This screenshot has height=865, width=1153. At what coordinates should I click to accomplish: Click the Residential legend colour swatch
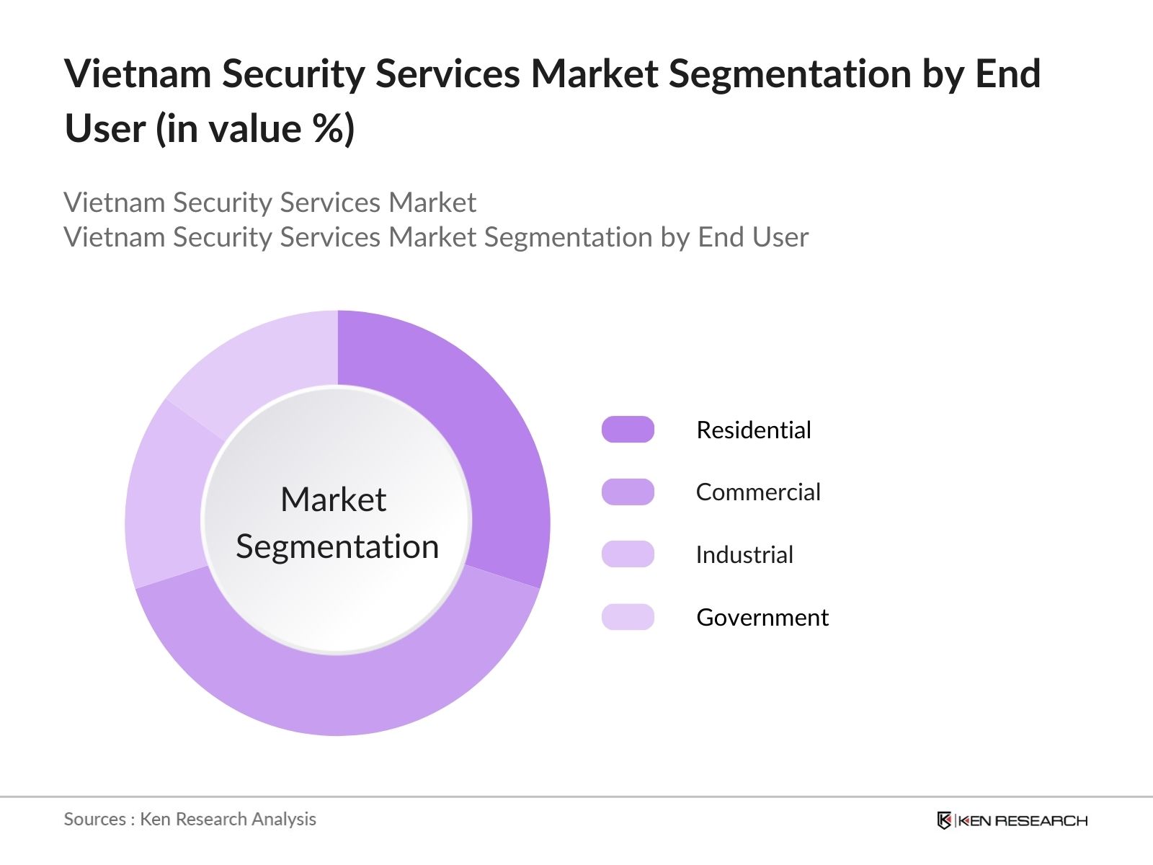tap(628, 430)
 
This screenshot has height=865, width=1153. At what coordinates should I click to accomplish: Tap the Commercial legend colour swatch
tap(628, 492)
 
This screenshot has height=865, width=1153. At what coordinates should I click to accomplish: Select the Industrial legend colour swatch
tap(628, 554)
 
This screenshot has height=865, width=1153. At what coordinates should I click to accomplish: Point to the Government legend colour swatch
tap(628, 617)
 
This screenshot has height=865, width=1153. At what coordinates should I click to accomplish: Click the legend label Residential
tap(754, 430)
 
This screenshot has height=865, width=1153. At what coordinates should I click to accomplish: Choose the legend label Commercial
tap(758, 492)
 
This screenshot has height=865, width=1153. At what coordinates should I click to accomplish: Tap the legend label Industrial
tap(744, 555)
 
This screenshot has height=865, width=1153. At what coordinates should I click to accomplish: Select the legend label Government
tap(762, 618)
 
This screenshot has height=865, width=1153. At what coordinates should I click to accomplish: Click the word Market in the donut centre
tap(334, 500)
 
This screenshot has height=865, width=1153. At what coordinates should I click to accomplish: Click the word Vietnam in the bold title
tap(138, 74)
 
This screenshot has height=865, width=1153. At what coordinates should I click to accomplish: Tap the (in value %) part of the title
tap(256, 129)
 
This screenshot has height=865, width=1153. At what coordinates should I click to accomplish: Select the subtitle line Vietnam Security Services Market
tap(270, 203)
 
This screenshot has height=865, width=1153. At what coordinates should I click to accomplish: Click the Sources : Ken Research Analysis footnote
tap(190, 820)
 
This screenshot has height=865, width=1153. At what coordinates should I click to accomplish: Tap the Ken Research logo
tap(1012, 820)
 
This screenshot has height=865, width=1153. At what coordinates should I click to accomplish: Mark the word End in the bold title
tap(1007, 74)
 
